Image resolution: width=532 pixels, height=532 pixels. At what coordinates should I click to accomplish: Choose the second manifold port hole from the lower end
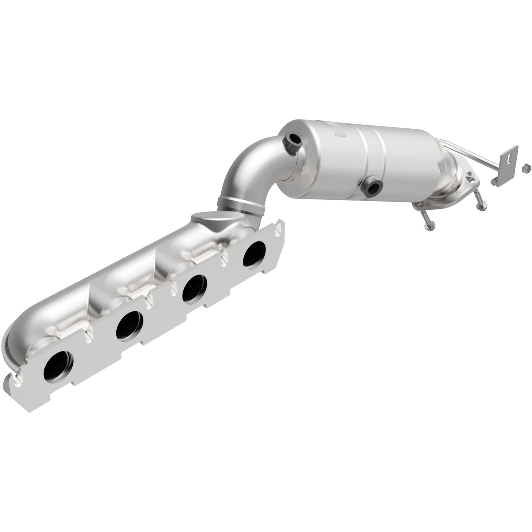click(x=130, y=327)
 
